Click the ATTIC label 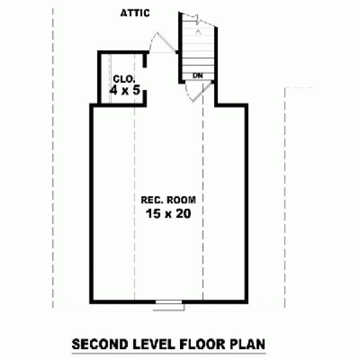tap(135, 13)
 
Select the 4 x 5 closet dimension tap(125, 90)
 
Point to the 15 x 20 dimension tap(168, 213)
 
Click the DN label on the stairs tap(198, 75)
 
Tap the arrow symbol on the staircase tap(198, 32)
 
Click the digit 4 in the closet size tap(113, 90)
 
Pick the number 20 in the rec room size tap(183, 213)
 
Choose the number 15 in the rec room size tap(152, 213)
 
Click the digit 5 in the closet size tap(137, 90)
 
